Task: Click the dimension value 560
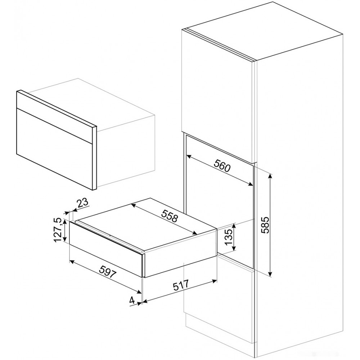[x=222, y=166]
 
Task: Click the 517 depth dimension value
[x=181, y=285]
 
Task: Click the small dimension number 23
[x=82, y=203]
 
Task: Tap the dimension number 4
[x=131, y=300]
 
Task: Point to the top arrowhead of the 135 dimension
[x=234, y=226]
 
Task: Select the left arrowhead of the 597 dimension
[x=72, y=262]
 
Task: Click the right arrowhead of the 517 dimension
[x=214, y=280]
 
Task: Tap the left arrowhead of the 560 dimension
[x=189, y=157]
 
